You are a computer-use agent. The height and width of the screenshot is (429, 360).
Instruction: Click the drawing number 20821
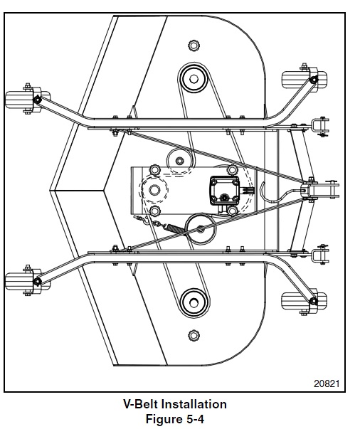coord(327,383)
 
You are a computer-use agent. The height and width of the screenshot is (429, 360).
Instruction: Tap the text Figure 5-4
coord(175,418)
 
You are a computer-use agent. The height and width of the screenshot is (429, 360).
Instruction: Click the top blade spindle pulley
coord(194,79)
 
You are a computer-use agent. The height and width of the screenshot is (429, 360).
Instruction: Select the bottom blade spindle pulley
coord(194,303)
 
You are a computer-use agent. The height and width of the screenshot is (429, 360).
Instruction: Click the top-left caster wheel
coord(27,99)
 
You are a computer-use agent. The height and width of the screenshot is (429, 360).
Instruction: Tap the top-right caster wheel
coord(305,79)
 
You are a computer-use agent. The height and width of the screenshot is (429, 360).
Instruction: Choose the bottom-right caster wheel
coord(305,302)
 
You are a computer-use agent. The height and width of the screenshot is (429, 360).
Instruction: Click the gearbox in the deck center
coord(224,191)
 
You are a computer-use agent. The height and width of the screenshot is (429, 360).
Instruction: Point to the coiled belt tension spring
coord(174,228)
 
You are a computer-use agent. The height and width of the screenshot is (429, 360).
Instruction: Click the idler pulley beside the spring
coord(201,229)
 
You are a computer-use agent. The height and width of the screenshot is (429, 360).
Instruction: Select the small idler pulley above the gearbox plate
coord(179,161)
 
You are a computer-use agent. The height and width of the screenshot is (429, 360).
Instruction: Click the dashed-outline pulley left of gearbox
coord(154,190)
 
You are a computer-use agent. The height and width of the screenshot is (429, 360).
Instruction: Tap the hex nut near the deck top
coord(194,45)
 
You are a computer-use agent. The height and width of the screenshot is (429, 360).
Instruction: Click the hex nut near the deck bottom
coord(194,335)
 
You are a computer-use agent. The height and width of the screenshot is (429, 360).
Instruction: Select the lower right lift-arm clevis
coord(320,254)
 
